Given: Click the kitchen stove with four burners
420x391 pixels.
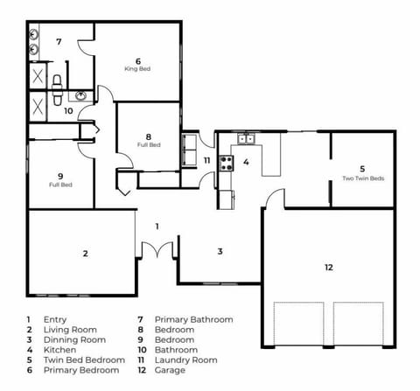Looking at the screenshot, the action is coord(227,163).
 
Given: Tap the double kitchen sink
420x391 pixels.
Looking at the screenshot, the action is coord(247,139).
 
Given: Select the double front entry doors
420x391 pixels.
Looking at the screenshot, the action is coord(157,250).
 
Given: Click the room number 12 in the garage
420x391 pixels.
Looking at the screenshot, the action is coord(329,268).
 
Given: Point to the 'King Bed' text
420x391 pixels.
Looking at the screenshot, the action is coord(137,69).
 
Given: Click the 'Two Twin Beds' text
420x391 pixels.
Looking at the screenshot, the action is coord(363,178).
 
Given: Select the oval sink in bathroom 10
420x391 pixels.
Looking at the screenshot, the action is coord(80,95).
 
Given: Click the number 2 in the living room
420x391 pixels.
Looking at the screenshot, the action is coord(85,254).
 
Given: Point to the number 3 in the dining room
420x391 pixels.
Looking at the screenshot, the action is coord(220,251).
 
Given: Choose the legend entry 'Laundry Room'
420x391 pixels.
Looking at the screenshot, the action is coord(186,360).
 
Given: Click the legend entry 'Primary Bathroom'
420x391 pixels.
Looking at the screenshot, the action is coord(194,319).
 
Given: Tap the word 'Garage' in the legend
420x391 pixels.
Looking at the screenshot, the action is coord(170,370).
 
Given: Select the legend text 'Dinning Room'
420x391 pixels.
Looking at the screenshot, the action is coord(74,340).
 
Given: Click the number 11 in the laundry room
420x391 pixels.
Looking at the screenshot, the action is coord(206,160).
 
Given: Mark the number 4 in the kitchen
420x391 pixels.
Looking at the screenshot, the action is coord(246,162).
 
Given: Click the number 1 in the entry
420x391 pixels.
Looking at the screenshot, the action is coord(157,227).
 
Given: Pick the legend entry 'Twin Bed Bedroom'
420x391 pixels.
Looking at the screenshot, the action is coord(84,360).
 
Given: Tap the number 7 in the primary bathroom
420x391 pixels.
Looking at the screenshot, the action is coord(59,42).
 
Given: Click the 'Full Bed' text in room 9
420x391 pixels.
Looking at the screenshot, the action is coord(60,185).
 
